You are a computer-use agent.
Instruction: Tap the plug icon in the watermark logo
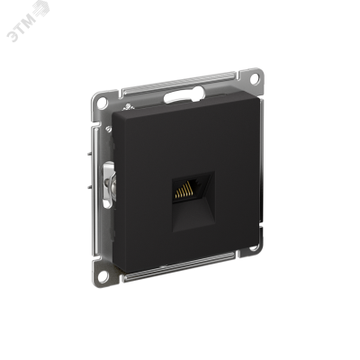[44, 11]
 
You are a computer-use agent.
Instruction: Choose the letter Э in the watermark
[13, 11]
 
